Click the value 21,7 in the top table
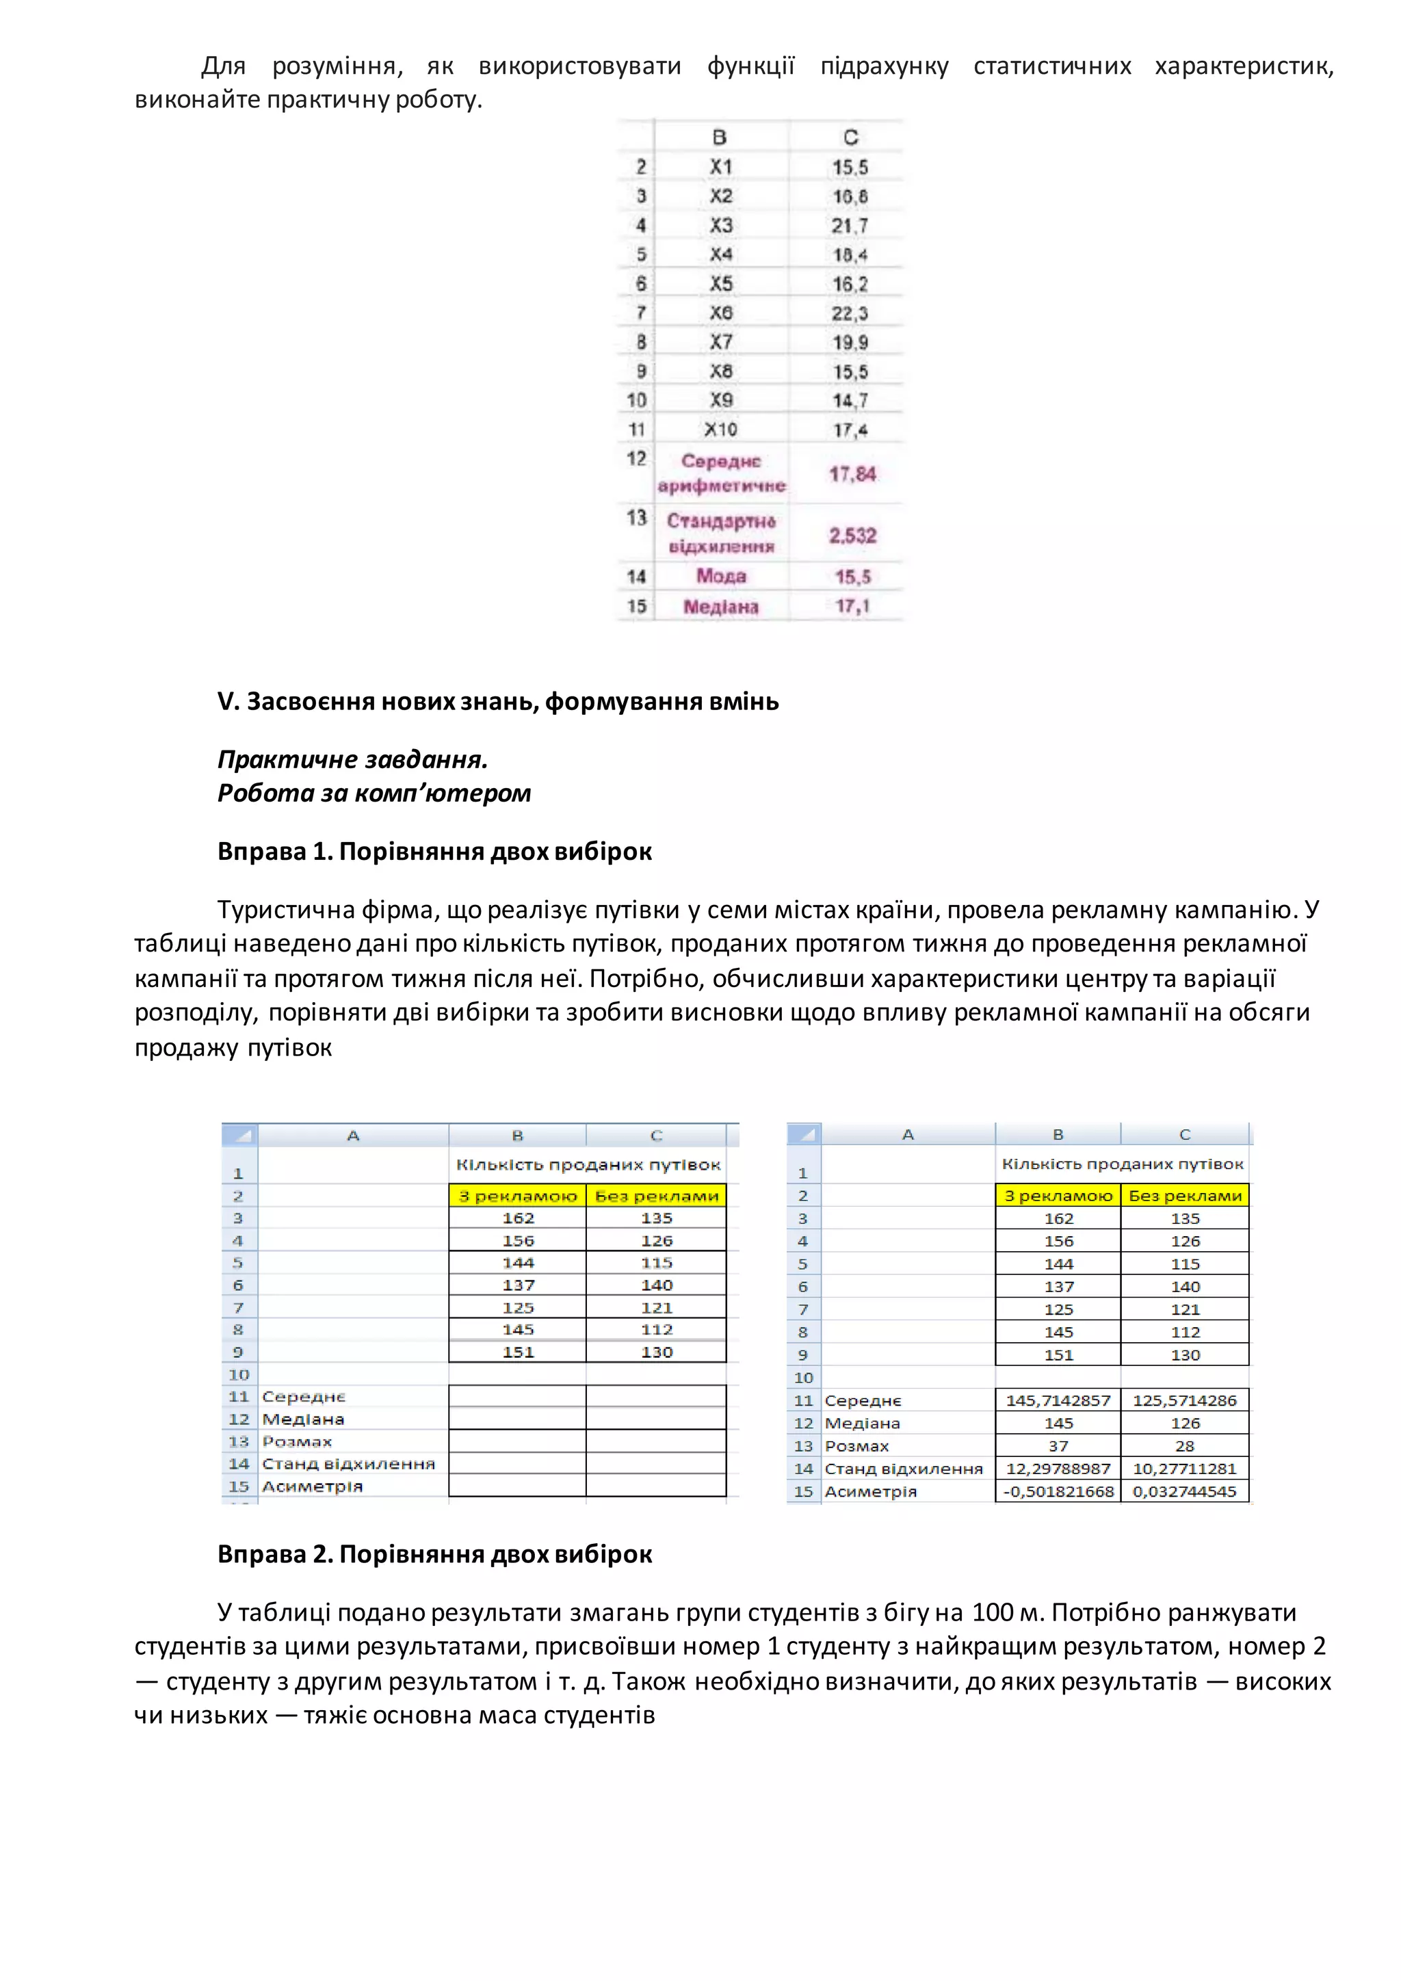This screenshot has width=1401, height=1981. coord(850,226)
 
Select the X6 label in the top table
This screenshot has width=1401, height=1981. coord(721,313)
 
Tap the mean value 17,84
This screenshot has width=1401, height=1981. coord(852,473)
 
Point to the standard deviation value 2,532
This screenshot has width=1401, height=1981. coord(852,536)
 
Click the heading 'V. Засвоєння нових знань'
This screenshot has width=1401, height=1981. coord(498,701)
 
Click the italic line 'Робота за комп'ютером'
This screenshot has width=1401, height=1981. coord(374,793)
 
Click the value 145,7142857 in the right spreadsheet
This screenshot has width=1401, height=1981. coord(1058,1400)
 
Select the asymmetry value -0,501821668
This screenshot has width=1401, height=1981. coord(1058,1492)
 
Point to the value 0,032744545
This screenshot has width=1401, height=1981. coord(1184,1492)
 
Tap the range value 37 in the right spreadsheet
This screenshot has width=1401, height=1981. coord(1058,1446)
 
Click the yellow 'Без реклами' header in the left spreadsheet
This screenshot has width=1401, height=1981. coord(657,1196)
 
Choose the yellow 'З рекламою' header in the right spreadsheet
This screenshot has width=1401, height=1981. coord(1058,1196)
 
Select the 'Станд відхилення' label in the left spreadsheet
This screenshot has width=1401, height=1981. coord(348,1464)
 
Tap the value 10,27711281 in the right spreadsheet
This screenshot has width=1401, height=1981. coord(1184,1469)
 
